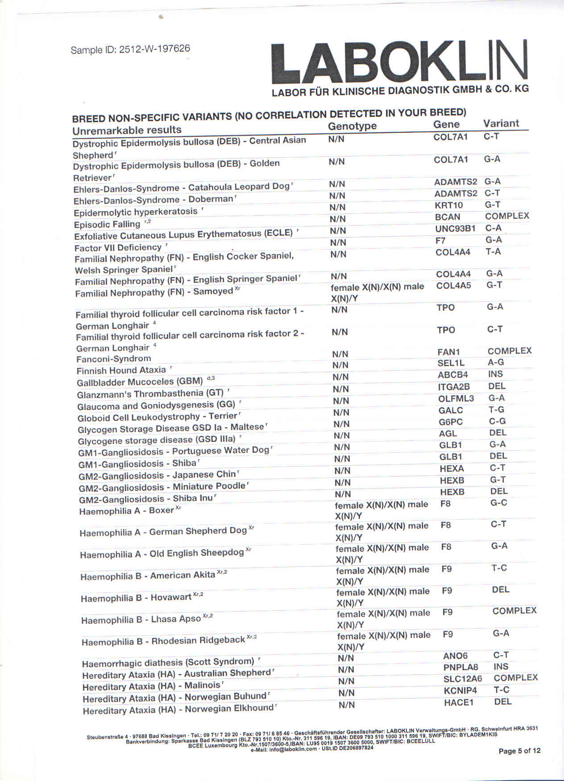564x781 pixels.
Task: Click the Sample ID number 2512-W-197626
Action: click(154, 49)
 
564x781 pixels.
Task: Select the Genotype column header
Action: click(352, 126)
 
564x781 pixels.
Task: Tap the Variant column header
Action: click(501, 123)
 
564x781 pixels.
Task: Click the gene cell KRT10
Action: click(449, 205)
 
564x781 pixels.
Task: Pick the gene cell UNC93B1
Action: click(455, 229)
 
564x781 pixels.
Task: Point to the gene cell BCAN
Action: click(448, 217)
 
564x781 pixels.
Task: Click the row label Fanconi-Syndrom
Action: click(113, 359)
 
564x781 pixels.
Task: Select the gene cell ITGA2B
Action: click(454, 387)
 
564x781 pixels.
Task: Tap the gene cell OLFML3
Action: click(456, 399)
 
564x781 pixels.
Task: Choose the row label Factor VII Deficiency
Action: click(118, 247)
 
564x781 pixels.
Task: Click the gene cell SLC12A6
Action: click(463, 678)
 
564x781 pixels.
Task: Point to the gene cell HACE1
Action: click(458, 703)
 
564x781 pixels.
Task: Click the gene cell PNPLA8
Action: click(460, 667)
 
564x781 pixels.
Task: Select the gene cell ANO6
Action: click(455, 655)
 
